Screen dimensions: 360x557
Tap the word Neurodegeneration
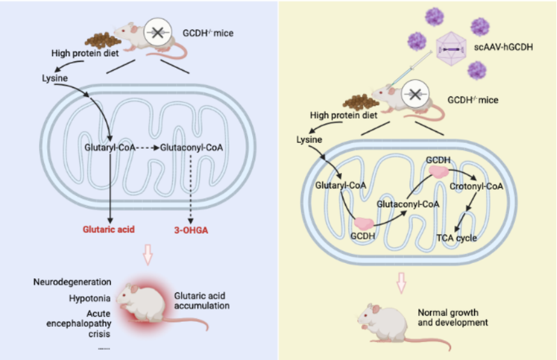pos(72,282)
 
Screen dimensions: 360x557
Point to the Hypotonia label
pos(90,298)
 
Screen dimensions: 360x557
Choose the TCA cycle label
pos(456,238)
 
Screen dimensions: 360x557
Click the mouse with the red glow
pos(148,305)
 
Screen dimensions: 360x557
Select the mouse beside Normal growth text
pos(381,320)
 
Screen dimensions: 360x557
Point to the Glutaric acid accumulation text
pos(202,301)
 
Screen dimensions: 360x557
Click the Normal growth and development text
pos(452,317)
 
